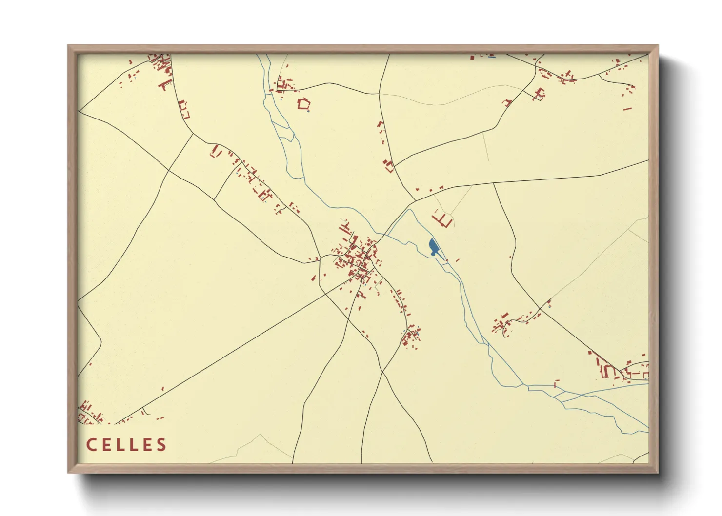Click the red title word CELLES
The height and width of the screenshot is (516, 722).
coord(126,445)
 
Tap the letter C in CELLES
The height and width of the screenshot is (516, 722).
coord(91,445)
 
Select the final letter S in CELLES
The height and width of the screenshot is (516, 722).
coord(161,445)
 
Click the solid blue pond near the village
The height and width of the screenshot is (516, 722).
coord(433,247)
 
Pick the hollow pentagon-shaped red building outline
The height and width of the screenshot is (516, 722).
coord(304,103)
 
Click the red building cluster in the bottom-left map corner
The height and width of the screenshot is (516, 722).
coord(89,412)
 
